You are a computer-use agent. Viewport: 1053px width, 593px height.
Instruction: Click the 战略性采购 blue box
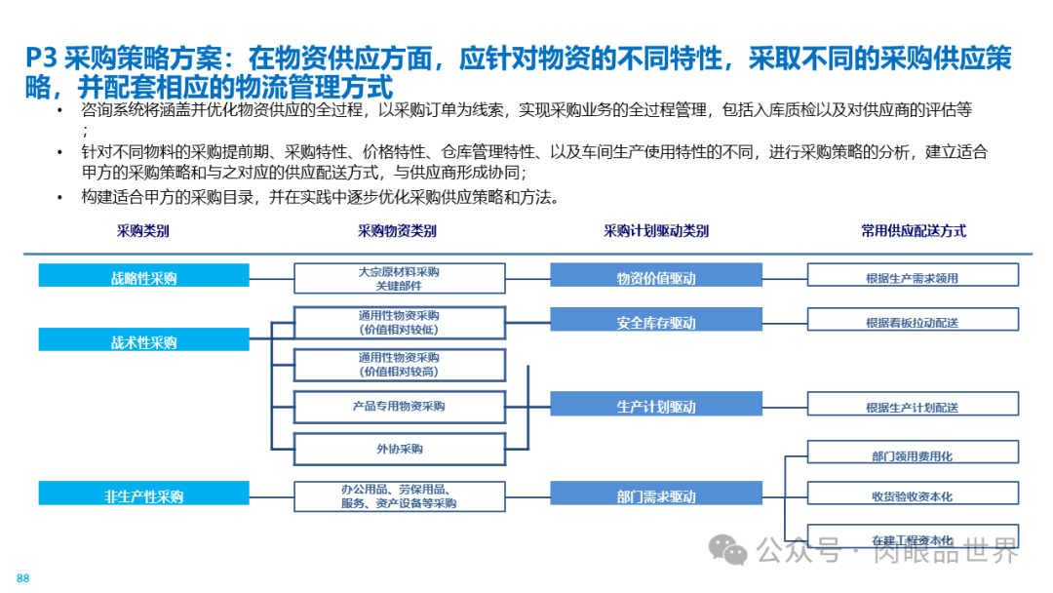144,276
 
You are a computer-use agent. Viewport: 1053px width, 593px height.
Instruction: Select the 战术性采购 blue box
144,340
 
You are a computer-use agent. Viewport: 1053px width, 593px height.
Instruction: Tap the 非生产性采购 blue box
144,494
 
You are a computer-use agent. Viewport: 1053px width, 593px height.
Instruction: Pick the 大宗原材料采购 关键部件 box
400,277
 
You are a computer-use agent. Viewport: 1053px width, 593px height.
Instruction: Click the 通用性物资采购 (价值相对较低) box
400,322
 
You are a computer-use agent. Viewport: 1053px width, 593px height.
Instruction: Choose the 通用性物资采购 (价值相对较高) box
400,365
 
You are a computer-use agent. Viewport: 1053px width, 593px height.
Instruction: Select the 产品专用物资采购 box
400,406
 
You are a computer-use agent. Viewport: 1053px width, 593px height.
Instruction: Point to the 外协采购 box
400,449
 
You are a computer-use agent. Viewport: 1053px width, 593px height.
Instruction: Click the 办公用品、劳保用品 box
400,495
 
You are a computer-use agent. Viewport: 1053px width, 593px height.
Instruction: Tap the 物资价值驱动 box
656,276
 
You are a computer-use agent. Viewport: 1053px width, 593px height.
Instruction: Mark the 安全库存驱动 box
656,321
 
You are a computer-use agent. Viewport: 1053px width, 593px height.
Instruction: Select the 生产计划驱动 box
656,406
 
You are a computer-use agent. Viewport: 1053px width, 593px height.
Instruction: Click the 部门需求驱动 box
656,494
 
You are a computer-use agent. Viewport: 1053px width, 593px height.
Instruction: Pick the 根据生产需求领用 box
913,276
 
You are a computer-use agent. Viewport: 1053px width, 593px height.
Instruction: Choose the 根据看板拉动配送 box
913,321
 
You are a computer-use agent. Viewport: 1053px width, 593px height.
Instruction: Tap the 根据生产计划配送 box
913,406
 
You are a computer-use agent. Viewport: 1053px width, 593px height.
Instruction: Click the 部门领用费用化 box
913,454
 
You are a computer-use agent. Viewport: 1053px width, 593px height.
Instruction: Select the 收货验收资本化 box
913,494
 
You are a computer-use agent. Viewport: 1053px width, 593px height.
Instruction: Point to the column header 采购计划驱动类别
656,231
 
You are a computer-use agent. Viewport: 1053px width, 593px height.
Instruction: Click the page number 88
23,578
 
